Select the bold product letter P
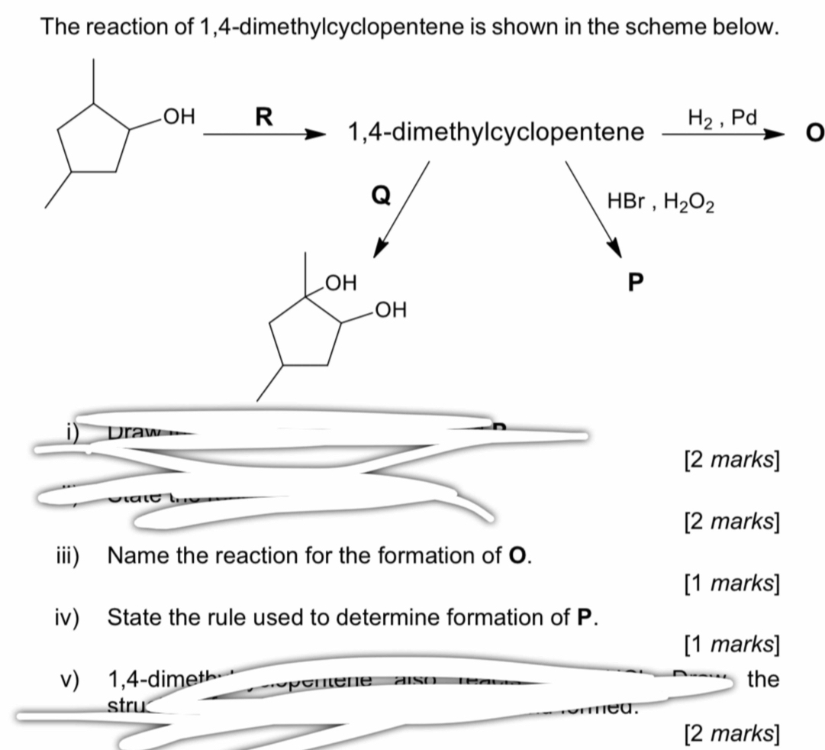[634, 283]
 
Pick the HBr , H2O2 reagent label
[661, 202]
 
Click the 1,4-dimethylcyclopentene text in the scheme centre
[495, 134]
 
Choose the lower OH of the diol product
[391, 310]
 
